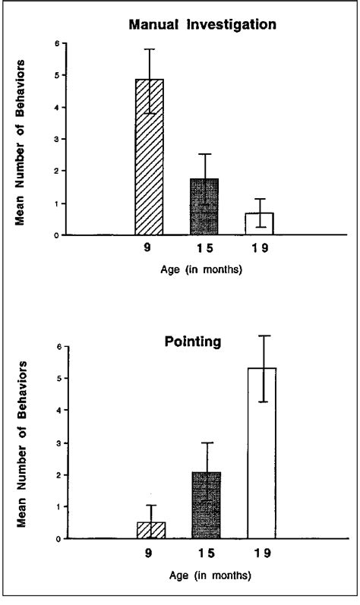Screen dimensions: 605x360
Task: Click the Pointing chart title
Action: coord(193,342)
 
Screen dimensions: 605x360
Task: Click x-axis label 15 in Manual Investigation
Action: coord(205,248)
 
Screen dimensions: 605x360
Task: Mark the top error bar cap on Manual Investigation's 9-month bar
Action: coord(149,49)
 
